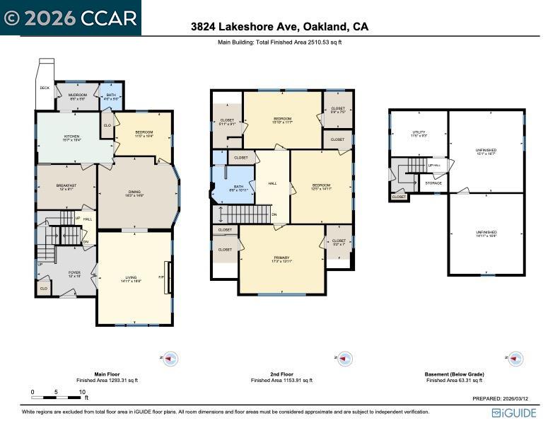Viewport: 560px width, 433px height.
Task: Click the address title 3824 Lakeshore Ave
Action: [x=279, y=27]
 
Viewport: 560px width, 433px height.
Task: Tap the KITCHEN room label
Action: [x=72, y=137]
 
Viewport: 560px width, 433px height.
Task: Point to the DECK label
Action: [x=45, y=88]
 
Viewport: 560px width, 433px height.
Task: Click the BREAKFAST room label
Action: [x=66, y=185]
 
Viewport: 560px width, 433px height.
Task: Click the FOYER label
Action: [x=74, y=272]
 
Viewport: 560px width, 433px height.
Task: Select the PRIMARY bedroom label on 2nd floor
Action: [x=282, y=258]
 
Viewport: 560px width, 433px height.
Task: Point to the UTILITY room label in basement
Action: [x=419, y=132]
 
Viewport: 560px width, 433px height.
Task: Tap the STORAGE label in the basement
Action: [x=433, y=183]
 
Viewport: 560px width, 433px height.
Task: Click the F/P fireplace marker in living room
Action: [x=161, y=277]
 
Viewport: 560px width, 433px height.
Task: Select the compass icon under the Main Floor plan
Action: [x=170, y=359]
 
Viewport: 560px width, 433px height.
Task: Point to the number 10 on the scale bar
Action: [x=82, y=392]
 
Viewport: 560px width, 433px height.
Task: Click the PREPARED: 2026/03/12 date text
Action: [x=504, y=398]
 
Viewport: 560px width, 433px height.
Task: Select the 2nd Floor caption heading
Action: [x=281, y=374]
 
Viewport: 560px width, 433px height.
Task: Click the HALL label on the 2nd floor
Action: [x=272, y=183]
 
